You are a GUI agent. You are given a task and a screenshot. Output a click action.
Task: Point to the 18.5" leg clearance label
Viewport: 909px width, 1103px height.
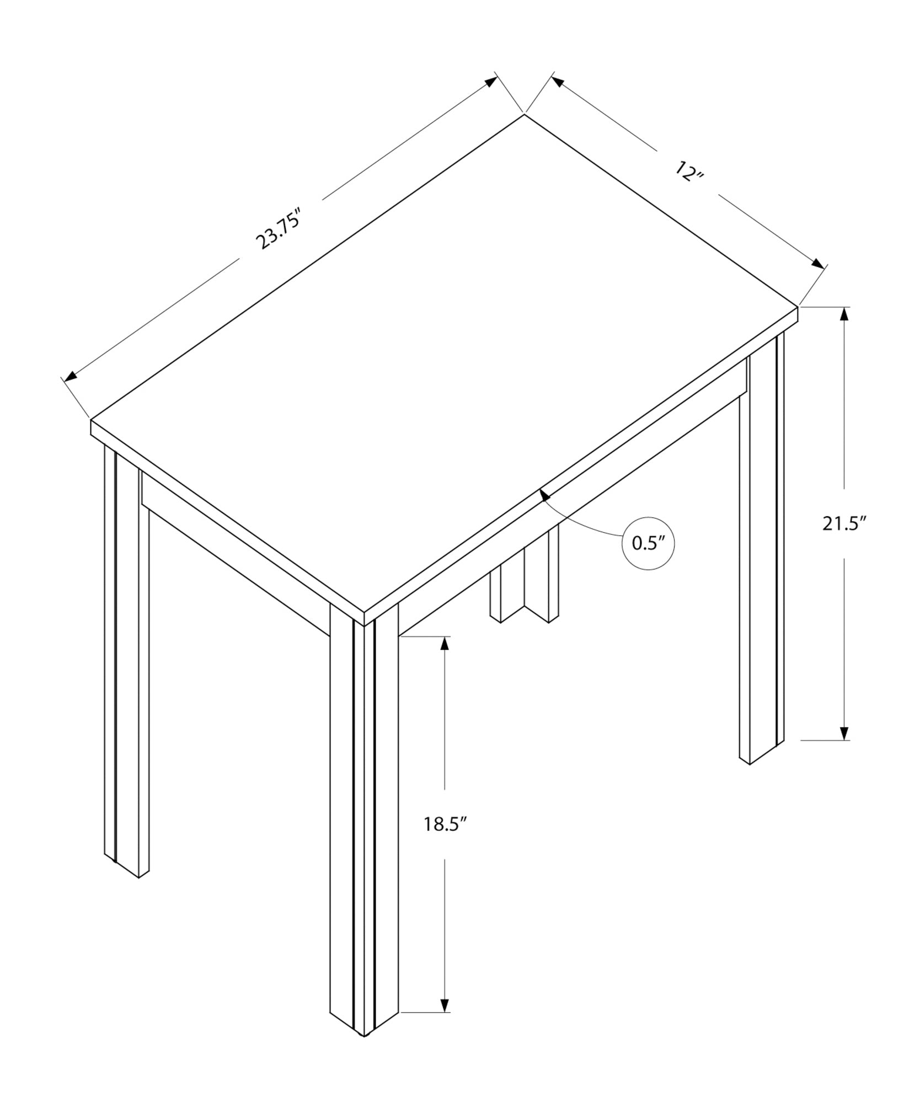[x=445, y=840]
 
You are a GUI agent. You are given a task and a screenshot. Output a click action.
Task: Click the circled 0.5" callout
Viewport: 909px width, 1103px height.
[x=649, y=543]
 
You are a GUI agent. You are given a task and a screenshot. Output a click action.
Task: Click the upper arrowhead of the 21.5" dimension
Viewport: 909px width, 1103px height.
[x=844, y=314]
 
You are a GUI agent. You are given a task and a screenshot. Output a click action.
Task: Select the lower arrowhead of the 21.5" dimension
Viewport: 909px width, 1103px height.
[x=844, y=732]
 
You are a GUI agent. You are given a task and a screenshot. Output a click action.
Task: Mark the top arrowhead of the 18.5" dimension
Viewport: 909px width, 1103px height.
[x=444, y=644]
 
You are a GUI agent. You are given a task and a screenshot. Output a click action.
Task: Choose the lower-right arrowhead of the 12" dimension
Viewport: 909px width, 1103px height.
[x=817, y=263]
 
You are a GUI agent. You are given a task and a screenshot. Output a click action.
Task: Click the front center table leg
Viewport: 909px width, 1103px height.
[x=364, y=827]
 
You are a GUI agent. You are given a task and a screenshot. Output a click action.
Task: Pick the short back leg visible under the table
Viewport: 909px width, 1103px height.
[x=524, y=579]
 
